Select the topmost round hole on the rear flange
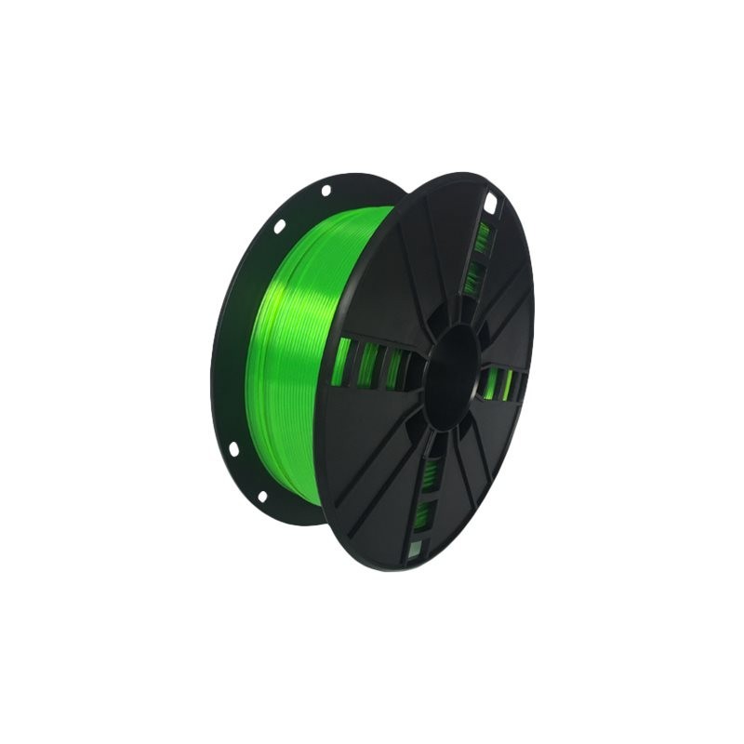pyautogui.click(x=325, y=191)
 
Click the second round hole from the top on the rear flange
pyautogui.click(x=278, y=225)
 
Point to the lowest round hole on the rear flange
pyautogui.click(x=263, y=497)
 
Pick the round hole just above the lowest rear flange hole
pyautogui.click(x=233, y=449)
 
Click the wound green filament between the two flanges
pyautogui.click(x=298, y=353)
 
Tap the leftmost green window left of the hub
pyautogui.click(x=342, y=361)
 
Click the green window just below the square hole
pyautogui.click(x=482, y=238)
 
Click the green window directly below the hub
pyautogui.click(x=432, y=471)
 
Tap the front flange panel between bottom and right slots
pyautogui.click(x=484, y=456)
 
